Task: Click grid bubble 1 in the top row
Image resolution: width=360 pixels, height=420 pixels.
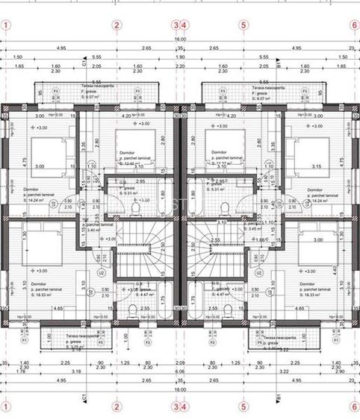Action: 6,25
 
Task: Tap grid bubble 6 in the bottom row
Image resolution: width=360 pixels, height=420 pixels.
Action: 354,407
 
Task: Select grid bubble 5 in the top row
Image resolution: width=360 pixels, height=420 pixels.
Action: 243,25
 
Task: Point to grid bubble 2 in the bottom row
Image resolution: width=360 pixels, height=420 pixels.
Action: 117,407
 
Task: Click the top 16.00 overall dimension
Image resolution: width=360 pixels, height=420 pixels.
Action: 180,39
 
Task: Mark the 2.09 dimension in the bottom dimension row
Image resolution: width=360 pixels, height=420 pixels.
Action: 179,362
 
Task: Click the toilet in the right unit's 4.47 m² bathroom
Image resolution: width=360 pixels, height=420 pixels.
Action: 226,310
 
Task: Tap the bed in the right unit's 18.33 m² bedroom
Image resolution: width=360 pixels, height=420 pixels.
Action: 314,254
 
